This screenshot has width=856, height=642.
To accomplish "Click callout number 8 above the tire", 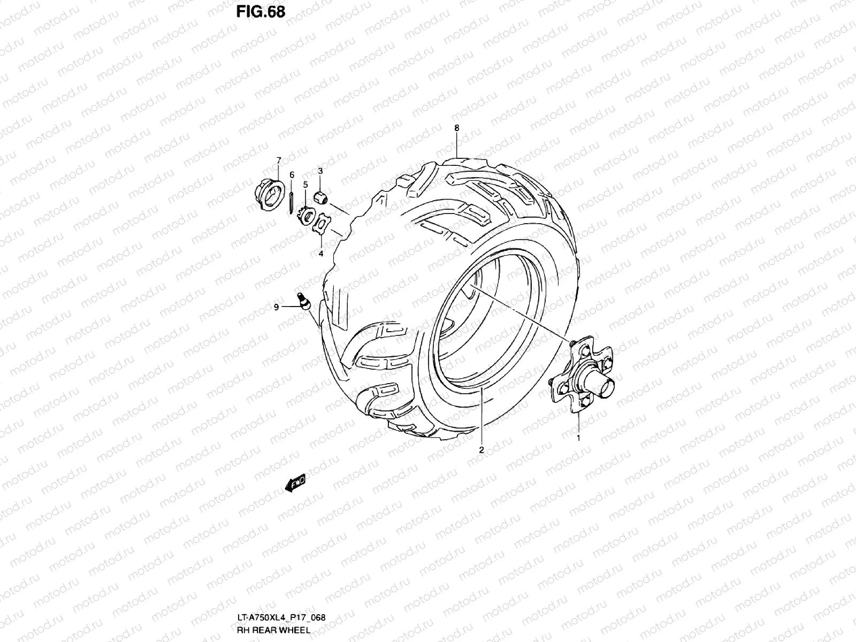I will [x=456, y=128].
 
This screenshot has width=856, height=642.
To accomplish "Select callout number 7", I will [x=278, y=160].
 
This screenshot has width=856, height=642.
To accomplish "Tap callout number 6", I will [x=292, y=174].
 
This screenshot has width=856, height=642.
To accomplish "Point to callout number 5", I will [x=305, y=185].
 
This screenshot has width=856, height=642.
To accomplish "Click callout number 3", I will [x=320, y=171].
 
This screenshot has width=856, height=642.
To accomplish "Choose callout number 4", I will [x=321, y=254].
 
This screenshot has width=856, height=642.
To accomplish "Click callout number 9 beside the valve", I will [x=276, y=307].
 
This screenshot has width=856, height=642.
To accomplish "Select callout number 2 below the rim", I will [x=481, y=450].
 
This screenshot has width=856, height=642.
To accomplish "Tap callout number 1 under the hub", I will [x=578, y=438].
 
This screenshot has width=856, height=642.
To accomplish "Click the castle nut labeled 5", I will [x=305, y=216].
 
